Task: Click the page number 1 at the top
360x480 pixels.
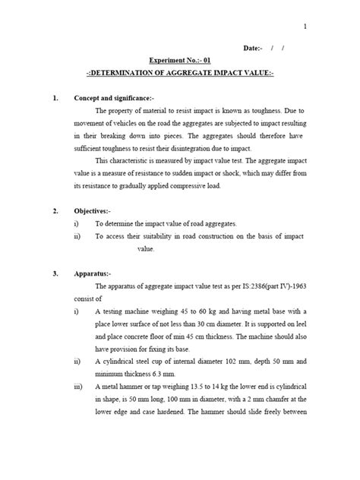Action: pos(305,27)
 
